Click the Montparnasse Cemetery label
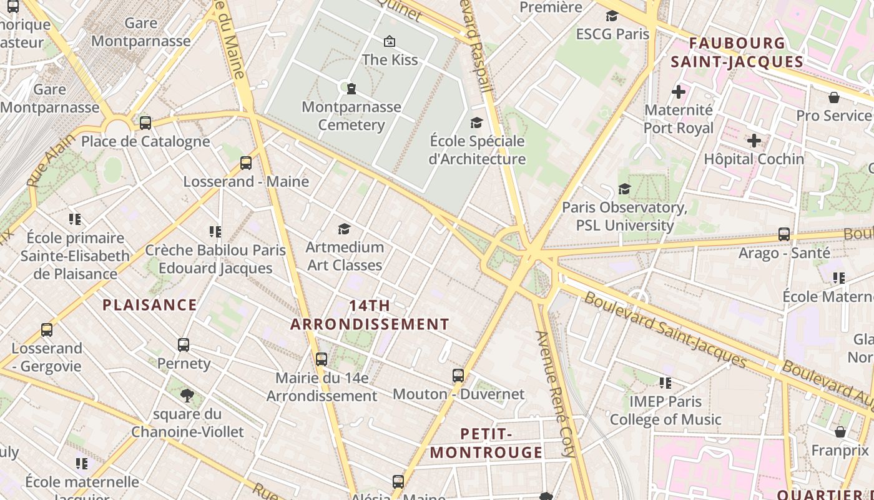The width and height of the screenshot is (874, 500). [x=351, y=116]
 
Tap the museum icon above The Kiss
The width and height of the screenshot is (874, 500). [x=390, y=41]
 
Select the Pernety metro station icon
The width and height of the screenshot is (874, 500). [x=184, y=344]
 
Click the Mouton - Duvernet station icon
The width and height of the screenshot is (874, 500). [x=458, y=375]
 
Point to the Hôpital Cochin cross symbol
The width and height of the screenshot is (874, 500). [x=754, y=141]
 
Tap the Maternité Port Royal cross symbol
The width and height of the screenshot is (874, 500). [x=679, y=92]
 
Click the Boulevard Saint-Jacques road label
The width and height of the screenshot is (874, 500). [x=665, y=330]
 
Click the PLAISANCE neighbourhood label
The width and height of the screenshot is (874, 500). [x=150, y=305]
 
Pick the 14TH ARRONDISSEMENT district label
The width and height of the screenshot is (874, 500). [x=370, y=315]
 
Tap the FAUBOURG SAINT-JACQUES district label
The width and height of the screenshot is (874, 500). [x=737, y=52]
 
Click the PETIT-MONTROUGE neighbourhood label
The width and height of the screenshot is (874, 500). [x=487, y=442]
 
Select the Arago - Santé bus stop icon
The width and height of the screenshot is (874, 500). [x=784, y=234]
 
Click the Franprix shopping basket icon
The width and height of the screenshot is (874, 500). [x=840, y=432]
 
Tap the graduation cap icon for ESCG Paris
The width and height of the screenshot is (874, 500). [x=612, y=16]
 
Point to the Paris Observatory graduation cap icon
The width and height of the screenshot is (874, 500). [x=624, y=189]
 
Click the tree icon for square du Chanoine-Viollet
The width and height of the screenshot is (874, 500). [x=187, y=395]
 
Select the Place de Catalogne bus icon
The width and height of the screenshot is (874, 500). [x=145, y=122]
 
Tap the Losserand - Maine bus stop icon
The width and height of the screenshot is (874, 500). [x=246, y=162]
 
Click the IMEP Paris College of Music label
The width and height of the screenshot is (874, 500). [x=665, y=410]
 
